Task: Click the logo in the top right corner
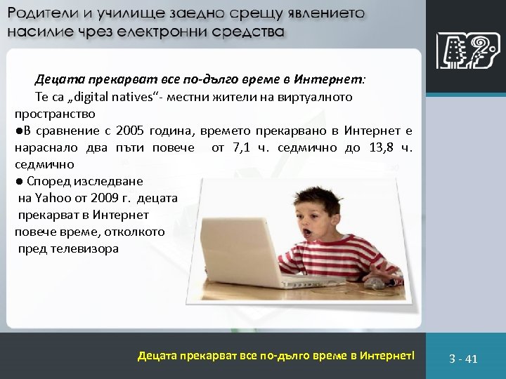coord(463,52)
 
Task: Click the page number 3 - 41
coord(463,359)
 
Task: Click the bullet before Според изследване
coord(19,181)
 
